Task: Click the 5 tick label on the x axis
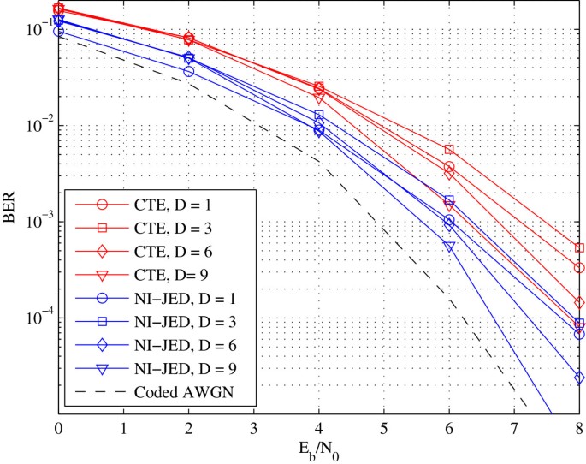coord(383,429)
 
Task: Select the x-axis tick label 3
coord(253,429)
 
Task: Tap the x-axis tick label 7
coord(513,429)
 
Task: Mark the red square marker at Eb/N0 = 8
coord(579,248)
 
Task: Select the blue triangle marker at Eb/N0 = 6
coord(449,247)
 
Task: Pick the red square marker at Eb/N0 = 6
coord(449,150)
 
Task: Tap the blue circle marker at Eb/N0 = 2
coord(188,71)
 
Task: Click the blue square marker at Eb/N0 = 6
coord(449,200)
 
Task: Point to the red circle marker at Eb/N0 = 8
coord(579,268)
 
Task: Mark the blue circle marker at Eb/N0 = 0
coord(58,31)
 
